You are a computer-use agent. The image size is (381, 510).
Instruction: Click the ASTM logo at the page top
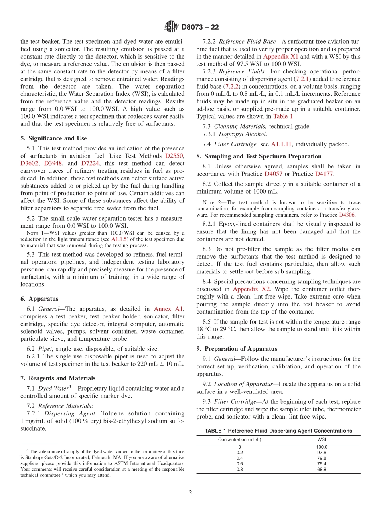[171, 27]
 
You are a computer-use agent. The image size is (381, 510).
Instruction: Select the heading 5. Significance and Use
[54, 138]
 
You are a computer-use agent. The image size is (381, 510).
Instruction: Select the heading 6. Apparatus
[39, 299]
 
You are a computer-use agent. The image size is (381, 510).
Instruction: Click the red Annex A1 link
[168, 309]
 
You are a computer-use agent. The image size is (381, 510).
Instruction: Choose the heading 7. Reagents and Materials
[58, 378]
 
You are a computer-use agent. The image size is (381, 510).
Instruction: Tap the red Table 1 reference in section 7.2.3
[283, 116]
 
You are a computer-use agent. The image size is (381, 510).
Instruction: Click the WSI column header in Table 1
[322, 439]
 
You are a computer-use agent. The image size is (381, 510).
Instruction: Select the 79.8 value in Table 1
[322, 458]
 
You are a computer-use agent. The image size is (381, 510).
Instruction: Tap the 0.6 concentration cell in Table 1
[239, 463]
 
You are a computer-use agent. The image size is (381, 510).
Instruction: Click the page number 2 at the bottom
[190, 492]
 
